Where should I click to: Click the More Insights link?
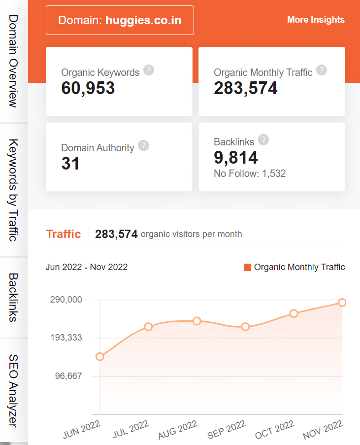pyautogui.click(x=316, y=20)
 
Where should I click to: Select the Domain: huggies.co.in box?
pyautogui.click(x=120, y=20)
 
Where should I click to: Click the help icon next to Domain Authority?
pyautogui.click(x=143, y=145)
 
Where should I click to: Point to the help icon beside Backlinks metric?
pyautogui.click(x=263, y=140)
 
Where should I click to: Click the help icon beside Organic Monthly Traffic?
pyautogui.click(x=322, y=70)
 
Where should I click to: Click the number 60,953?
pyautogui.click(x=88, y=88)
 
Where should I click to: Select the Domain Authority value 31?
pyautogui.click(x=70, y=164)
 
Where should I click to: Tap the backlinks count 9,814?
pyautogui.click(x=235, y=158)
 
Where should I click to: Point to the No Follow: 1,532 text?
pyautogui.click(x=250, y=173)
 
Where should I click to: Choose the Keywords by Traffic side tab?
pyautogui.click(x=13, y=190)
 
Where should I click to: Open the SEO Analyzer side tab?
pyautogui.click(x=13, y=390)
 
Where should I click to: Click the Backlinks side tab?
pyautogui.click(x=13, y=297)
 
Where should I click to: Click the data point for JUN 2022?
pyautogui.click(x=100, y=357)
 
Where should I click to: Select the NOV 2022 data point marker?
pyautogui.click(x=342, y=303)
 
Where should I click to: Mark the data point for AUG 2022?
pyautogui.click(x=197, y=321)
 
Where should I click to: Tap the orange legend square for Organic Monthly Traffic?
pyautogui.click(x=247, y=267)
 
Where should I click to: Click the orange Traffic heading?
pyautogui.click(x=63, y=234)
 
